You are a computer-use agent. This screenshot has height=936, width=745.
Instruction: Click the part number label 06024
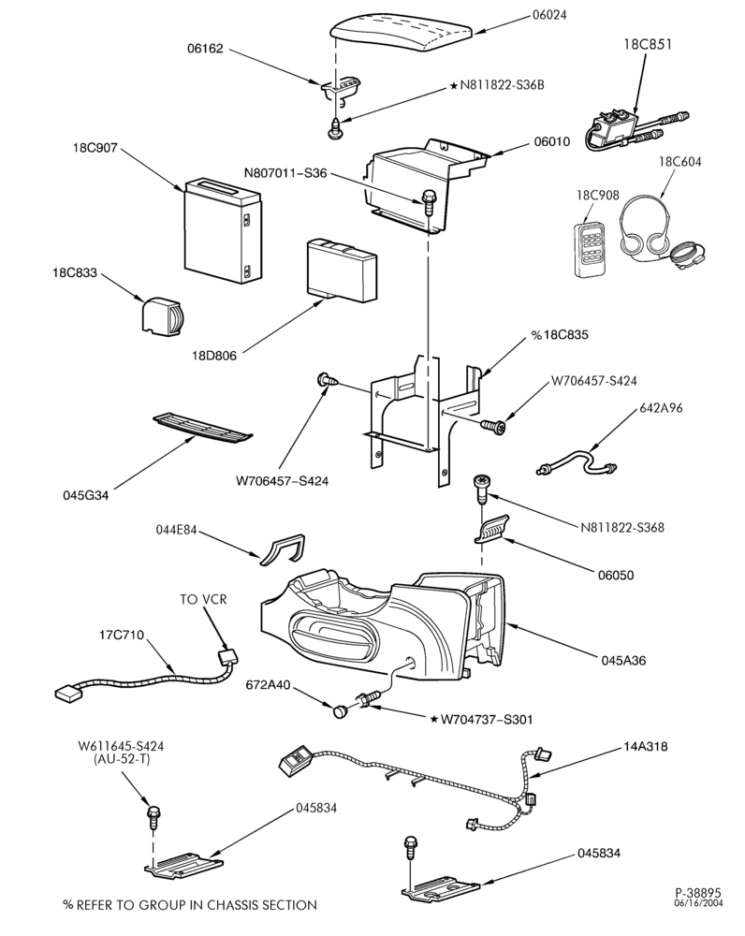549,15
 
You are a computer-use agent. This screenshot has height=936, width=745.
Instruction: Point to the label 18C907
95,147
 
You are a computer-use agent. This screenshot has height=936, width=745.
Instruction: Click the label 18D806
213,356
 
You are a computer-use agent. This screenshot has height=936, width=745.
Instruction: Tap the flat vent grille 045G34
202,428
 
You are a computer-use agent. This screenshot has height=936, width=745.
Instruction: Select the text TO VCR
203,598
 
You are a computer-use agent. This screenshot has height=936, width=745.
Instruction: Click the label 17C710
121,635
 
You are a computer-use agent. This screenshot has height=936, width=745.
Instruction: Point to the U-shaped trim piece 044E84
283,549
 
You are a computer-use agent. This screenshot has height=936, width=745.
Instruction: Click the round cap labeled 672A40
341,710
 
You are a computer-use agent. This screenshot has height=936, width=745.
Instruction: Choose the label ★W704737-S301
481,719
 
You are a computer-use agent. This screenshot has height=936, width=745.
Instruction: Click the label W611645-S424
121,746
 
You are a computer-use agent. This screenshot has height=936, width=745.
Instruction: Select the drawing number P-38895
698,892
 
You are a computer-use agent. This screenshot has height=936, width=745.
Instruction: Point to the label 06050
616,575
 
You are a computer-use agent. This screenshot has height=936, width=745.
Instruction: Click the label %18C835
560,335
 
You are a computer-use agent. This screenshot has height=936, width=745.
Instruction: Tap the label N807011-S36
285,173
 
